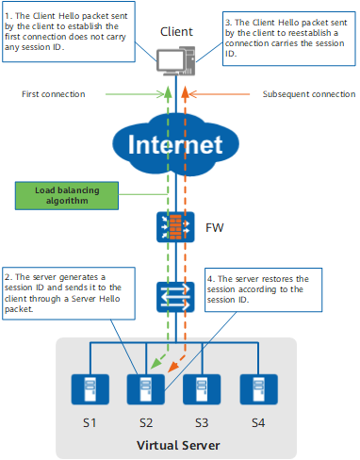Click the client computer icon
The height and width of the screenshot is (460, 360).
pyautogui.click(x=176, y=61)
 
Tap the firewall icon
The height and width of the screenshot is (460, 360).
pyautogui.click(x=175, y=227)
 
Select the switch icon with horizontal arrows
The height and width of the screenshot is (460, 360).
pyautogui.click(x=175, y=297)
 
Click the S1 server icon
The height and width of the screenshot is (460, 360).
pyautogui.click(x=90, y=389)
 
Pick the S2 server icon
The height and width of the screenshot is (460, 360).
pyautogui.click(x=146, y=389)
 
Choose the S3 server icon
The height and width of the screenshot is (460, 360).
pyautogui.click(x=202, y=389)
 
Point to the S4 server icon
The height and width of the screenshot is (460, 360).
pyautogui.click(x=258, y=389)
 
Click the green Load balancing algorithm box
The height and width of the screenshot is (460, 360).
pyautogui.click(x=67, y=195)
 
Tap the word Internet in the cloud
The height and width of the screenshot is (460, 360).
pyautogui.click(x=175, y=144)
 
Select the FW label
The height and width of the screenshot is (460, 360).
pyautogui.click(x=215, y=227)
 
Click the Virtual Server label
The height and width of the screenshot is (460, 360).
pyautogui.click(x=178, y=445)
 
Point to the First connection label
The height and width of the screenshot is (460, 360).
pyautogui.click(x=54, y=94)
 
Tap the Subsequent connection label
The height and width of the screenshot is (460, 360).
pyautogui.click(x=309, y=94)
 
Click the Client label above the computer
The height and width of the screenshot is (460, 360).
pyautogui.click(x=176, y=32)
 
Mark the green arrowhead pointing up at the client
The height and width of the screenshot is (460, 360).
pyautogui.click(x=169, y=91)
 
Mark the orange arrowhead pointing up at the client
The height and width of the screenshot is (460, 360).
pyautogui.click(x=185, y=91)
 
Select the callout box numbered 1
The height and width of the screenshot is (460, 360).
pyautogui.click(x=69, y=32)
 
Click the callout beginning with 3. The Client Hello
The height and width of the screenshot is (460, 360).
pyautogui.click(x=289, y=39)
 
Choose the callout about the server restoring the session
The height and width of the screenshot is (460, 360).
pyautogui.click(x=264, y=289)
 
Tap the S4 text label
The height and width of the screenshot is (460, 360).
pyautogui.click(x=258, y=423)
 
